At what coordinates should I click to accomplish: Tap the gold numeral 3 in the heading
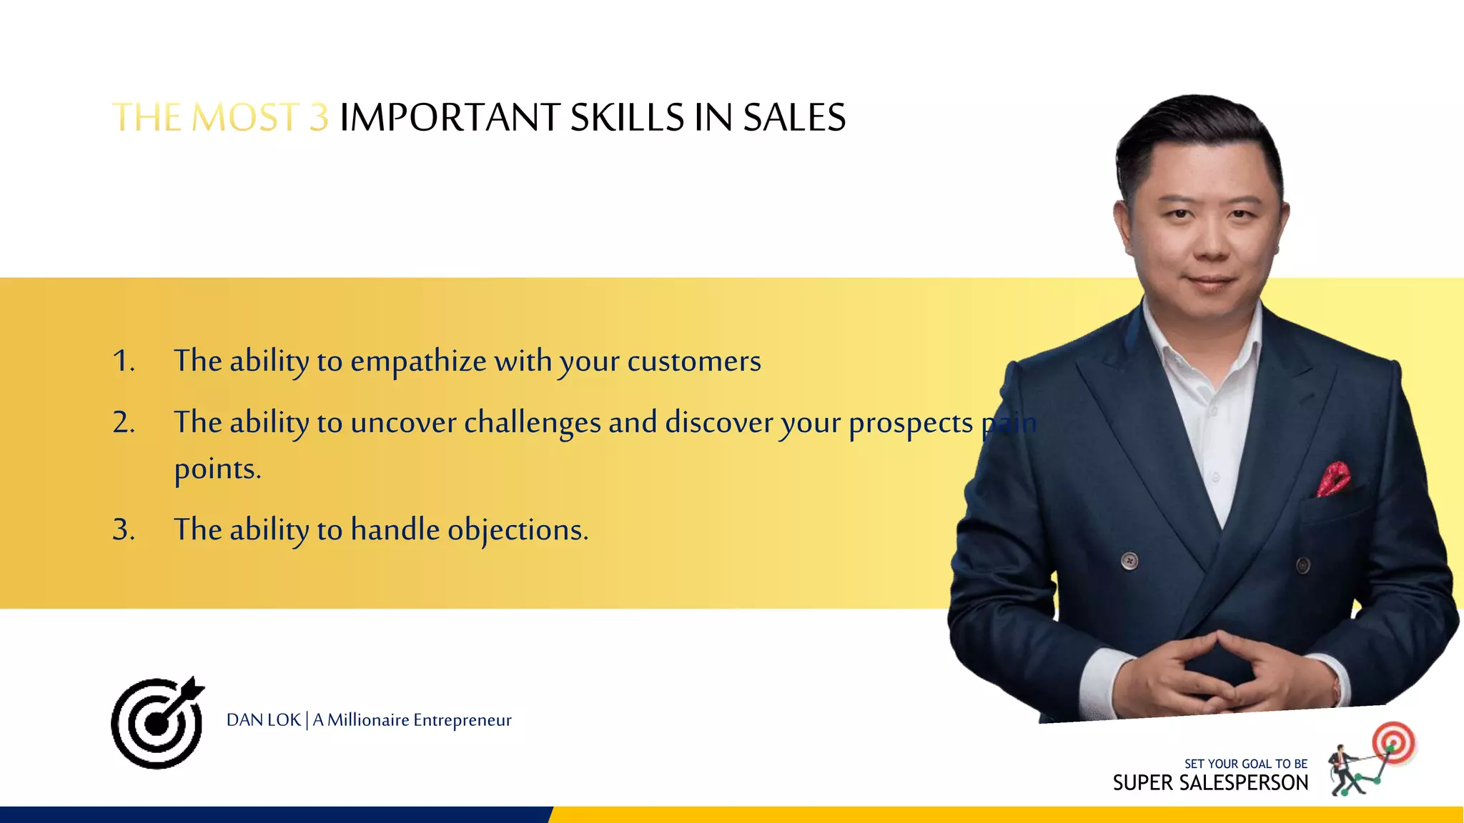click(x=319, y=117)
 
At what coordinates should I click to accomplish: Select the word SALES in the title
click(x=794, y=117)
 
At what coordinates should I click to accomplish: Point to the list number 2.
click(x=123, y=422)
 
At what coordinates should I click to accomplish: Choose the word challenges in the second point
click(x=532, y=423)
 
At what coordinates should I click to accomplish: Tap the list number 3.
click(x=123, y=529)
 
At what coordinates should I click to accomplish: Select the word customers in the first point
click(x=693, y=361)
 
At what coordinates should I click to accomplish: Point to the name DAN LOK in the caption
click(x=263, y=720)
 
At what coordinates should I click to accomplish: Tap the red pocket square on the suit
click(x=1333, y=478)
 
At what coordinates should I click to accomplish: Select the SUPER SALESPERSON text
click(x=1210, y=783)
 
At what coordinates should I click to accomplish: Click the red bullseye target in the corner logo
click(x=1393, y=742)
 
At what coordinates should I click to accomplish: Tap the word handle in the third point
click(x=395, y=530)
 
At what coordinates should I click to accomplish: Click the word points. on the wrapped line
click(x=217, y=469)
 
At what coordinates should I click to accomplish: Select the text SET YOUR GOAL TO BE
click(x=1245, y=764)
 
